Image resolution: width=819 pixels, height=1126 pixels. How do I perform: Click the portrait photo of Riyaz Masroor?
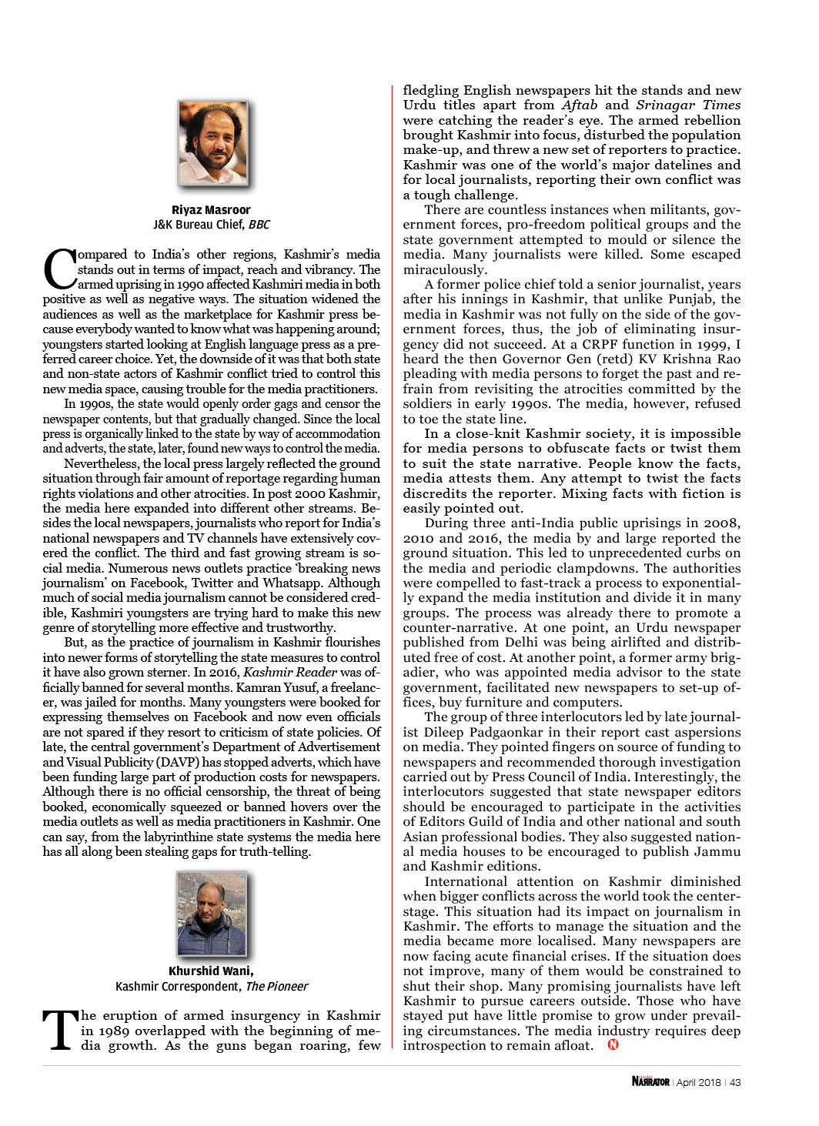point(212,145)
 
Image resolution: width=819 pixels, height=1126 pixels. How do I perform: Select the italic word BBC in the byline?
point(259,225)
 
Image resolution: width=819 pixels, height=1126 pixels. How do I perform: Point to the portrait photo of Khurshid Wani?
point(212,914)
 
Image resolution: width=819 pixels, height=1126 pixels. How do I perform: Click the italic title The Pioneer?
point(276,986)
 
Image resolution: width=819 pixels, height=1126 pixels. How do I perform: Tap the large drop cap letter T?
point(59,1029)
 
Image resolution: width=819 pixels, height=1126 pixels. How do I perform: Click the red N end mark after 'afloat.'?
point(613,1044)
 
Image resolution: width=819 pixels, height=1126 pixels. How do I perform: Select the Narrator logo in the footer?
point(650,1081)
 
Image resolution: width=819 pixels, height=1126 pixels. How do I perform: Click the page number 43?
point(735,1081)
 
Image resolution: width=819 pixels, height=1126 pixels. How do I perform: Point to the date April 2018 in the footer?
point(698,1081)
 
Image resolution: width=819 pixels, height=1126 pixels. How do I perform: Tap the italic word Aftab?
point(579,105)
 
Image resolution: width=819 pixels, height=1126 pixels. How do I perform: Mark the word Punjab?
point(697,299)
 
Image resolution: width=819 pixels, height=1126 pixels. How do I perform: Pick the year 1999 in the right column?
point(707,344)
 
